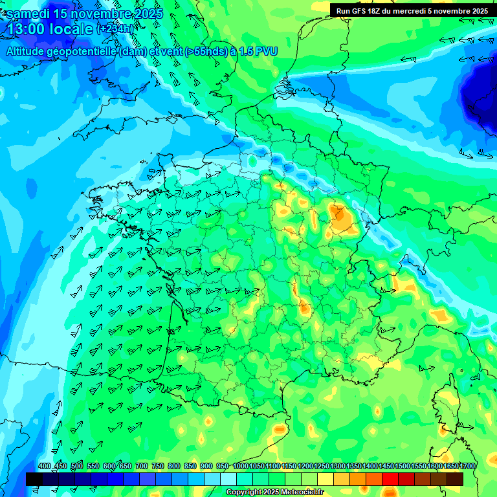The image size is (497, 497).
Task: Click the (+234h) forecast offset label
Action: point(116,28)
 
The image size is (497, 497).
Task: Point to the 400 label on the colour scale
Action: point(44,467)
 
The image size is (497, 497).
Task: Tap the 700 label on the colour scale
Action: point(141,467)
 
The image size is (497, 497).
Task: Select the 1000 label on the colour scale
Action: point(240,467)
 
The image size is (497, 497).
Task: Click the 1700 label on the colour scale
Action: point(467,467)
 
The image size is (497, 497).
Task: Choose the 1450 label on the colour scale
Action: point(386,467)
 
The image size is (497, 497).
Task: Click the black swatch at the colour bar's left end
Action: point(34,479)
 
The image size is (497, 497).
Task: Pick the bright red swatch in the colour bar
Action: point(390,479)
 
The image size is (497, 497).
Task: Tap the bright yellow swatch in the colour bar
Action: point(326,479)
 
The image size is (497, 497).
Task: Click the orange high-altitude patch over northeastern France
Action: point(340,217)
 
